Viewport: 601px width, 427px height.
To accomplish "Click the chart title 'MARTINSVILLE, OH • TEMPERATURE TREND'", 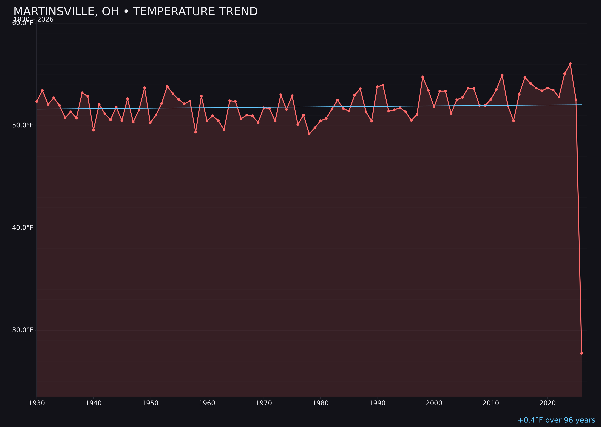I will tap(136, 12).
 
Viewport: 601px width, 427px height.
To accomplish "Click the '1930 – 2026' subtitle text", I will tap(33, 20).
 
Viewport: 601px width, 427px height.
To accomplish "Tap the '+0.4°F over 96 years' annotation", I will tap(556, 420).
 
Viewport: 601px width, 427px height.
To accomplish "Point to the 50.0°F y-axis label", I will tap(23, 125).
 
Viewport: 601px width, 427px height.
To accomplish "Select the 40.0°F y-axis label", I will tap(23, 227).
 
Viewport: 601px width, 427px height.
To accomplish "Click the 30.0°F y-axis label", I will tap(23, 330).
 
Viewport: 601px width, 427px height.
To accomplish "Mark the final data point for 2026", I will tap(581, 353).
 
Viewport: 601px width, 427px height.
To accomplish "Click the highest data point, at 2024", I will tap(570, 64).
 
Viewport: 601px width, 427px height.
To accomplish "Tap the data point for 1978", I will tap(309, 134).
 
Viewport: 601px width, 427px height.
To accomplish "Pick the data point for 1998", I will tap(423, 77).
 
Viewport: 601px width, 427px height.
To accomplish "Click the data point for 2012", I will tap(502, 75).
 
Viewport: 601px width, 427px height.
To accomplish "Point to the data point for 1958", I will tap(195, 132).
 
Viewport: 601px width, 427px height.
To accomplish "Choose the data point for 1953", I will tap(167, 86).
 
